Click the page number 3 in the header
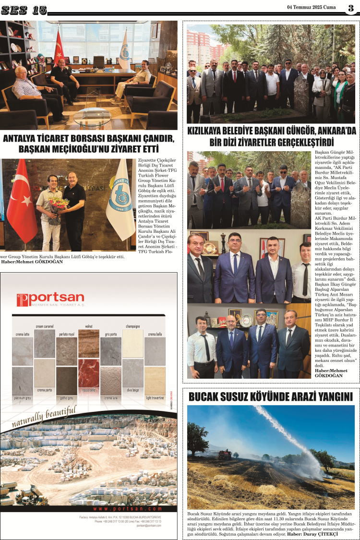tap(351, 8)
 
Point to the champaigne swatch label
tap(132, 325)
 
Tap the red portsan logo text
tap(50, 299)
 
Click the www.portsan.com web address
tap(127, 508)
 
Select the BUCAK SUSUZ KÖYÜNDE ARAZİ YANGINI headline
tap(271, 397)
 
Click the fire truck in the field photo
tap(224, 453)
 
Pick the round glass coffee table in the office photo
tap(92, 116)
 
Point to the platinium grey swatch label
tap(23, 398)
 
